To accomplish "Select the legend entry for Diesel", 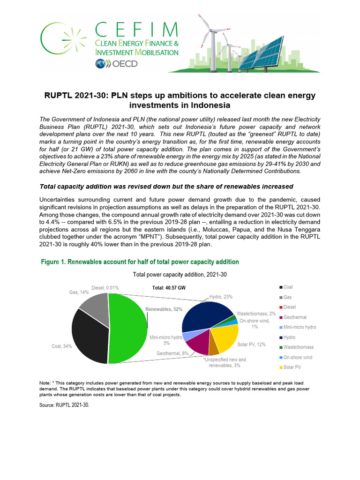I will [x=289, y=307].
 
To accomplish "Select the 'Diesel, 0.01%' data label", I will [x=105, y=287].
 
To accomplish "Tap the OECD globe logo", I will [x=101, y=64].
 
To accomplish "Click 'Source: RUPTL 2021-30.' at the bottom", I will [x=64, y=405].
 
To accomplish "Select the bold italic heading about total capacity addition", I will [x=166, y=187].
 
